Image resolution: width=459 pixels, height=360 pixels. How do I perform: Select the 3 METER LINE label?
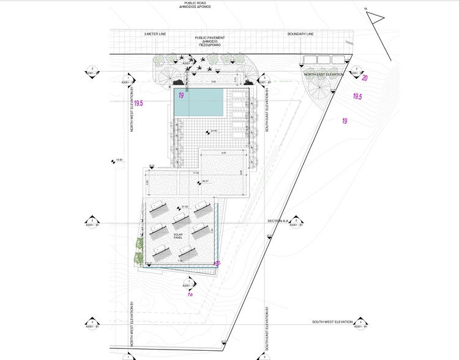(155, 34)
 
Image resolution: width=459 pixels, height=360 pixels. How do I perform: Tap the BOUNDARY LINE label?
(300, 34)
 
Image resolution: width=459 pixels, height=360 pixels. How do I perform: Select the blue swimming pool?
(199, 102)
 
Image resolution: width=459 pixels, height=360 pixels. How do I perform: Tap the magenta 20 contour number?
(364, 78)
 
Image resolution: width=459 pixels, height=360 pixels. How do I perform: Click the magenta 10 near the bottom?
(190, 293)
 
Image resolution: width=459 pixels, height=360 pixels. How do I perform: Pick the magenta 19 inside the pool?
(181, 96)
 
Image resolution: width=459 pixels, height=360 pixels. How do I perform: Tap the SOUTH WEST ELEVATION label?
(332, 321)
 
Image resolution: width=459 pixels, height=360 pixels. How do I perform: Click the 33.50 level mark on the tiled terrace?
(213, 131)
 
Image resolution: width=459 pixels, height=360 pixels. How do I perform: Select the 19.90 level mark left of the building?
(119, 160)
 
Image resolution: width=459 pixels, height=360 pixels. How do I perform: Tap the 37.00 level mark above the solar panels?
(184, 207)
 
